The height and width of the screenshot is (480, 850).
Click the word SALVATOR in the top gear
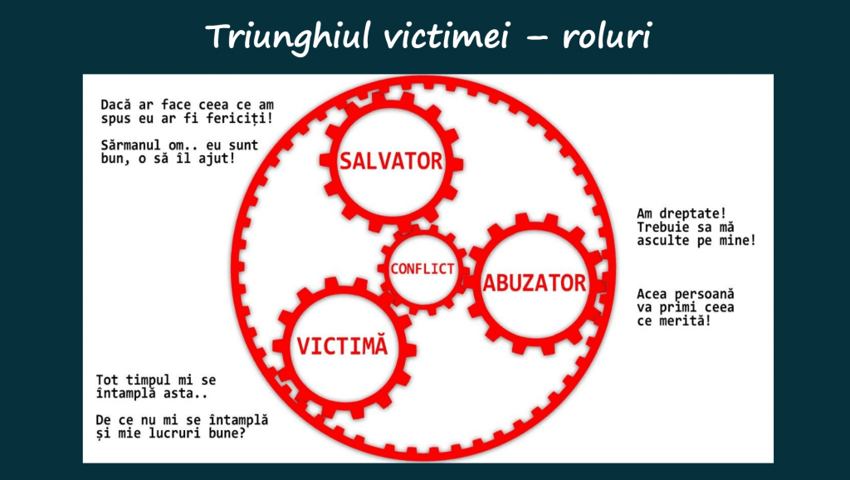tap(391, 161)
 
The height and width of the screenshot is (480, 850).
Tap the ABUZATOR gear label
tap(535, 283)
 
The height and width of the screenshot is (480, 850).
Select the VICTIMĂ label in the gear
tap(342, 345)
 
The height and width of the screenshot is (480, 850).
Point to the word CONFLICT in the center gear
tap(423, 268)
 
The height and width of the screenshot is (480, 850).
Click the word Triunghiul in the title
tap(290, 37)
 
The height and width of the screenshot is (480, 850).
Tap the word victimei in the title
tap(447, 37)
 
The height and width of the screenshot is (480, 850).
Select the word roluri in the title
tap(607, 37)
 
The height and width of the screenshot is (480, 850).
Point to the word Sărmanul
tap(130, 145)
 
